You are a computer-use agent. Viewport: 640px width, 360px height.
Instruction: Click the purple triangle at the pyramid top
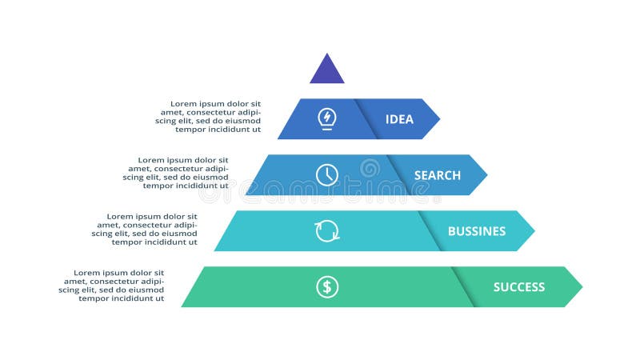click(327, 71)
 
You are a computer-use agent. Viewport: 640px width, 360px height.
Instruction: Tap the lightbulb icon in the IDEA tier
click(326, 118)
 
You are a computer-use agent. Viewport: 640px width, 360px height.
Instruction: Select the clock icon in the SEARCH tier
click(326, 174)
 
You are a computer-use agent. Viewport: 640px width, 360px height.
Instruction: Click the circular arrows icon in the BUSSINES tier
click(327, 230)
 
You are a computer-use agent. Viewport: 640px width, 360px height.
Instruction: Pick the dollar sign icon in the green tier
click(326, 286)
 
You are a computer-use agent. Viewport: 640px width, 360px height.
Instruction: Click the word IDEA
click(399, 119)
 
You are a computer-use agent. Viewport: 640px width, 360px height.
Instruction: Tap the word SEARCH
click(437, 175)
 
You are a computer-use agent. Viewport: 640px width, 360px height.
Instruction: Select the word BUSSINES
click(476, 231)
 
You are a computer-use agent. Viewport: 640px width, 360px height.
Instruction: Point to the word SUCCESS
click(518, 287)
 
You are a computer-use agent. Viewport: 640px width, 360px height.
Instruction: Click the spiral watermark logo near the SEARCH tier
click(370, 168)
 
